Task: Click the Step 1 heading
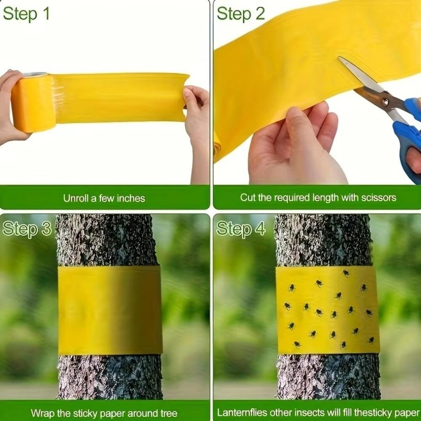point(26,14)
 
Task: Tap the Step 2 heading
point(240,14)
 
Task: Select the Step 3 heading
point(27,229)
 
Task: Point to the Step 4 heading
point(241,229)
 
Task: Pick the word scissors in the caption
point(378,197)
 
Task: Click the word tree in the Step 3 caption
point(168,413)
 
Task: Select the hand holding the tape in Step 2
point(295,147)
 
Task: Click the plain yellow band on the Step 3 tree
point(109,310)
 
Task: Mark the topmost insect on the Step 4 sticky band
point(346,273)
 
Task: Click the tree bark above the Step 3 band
point(105,240)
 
